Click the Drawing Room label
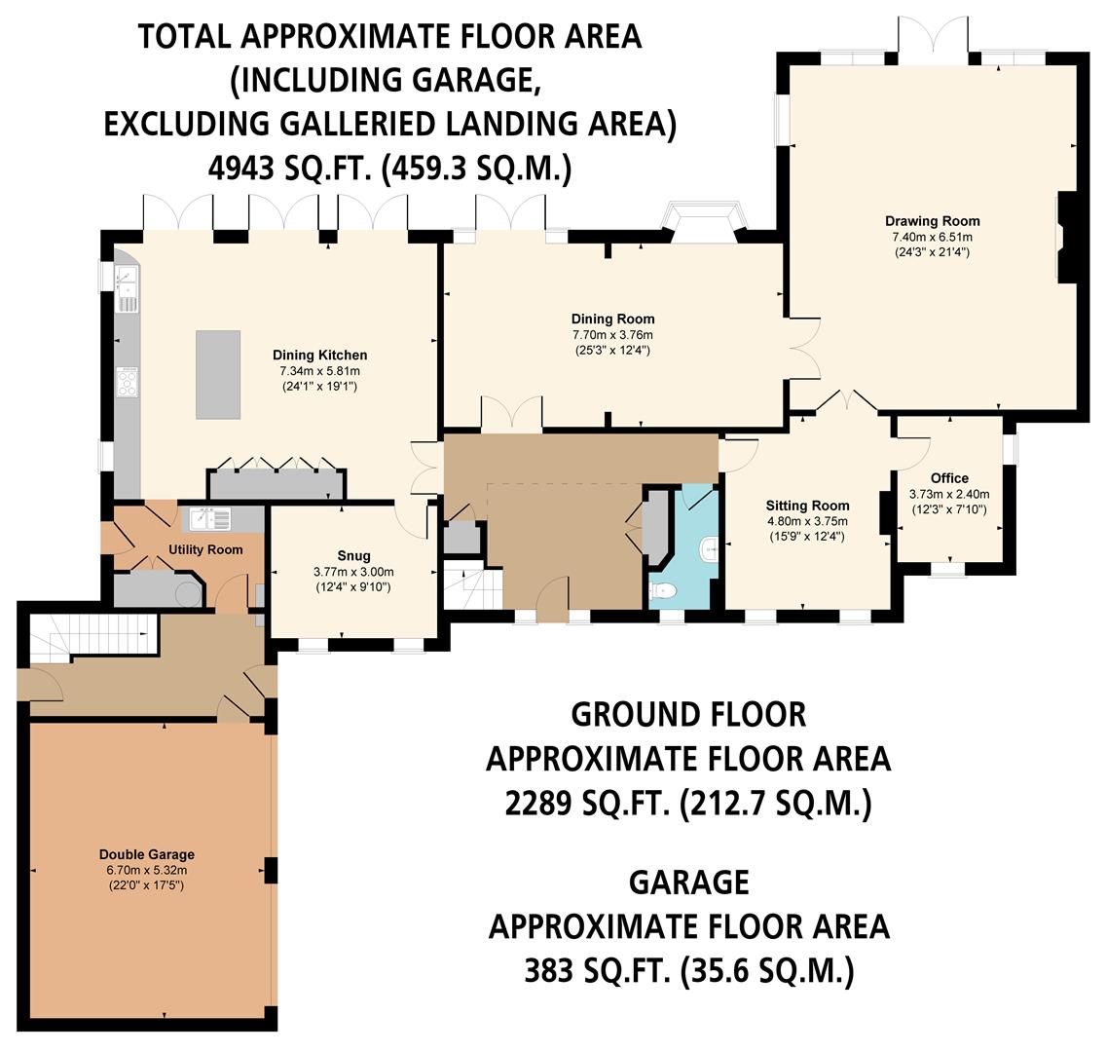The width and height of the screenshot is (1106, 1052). [x=932, y=221]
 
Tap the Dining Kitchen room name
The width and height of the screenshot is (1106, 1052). [x=319, y=355]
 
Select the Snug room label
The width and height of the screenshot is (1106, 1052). [x=354, y=556]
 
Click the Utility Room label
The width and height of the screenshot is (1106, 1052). [x=205, y=549]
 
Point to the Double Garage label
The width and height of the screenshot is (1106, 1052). [x=146, y=855]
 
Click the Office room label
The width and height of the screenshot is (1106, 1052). [x=949, y=478]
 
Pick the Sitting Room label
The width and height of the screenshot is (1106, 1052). [x=807, y=506]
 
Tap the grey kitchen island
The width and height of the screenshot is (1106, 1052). [x=218, y=374]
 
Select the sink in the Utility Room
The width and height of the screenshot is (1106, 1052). [x=209, y=518]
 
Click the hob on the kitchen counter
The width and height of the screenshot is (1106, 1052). [x=128, y=382]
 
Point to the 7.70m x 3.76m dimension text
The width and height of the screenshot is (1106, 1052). [x=612, y=334]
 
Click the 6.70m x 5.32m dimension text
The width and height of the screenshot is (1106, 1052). [x=146, y=870]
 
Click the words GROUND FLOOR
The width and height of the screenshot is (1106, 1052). [x=688, y=714]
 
